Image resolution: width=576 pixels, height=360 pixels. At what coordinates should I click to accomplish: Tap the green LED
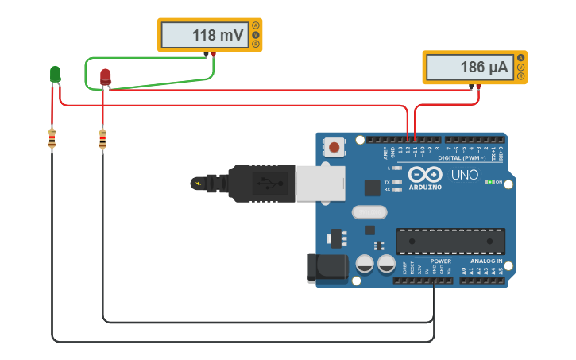point(55,74)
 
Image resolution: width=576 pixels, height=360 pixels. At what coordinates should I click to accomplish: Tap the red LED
point(105,76)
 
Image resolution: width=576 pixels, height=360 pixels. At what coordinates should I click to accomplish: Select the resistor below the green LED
point(52,139)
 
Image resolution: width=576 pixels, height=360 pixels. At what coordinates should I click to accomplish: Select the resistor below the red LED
point(102,139)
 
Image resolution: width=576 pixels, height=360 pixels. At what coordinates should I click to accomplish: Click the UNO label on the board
point(465,175)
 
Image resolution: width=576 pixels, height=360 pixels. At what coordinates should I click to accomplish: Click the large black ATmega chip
point(450,241)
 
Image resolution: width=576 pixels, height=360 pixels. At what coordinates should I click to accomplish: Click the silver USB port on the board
point(319,183)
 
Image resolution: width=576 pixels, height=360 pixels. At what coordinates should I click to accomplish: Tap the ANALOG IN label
point(485,261)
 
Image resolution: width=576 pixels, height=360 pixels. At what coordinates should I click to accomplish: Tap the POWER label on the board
point(441,261)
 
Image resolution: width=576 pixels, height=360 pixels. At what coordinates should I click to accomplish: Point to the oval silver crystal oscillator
point(368,212)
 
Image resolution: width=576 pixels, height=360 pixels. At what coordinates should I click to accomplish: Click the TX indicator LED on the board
point(396,182)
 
